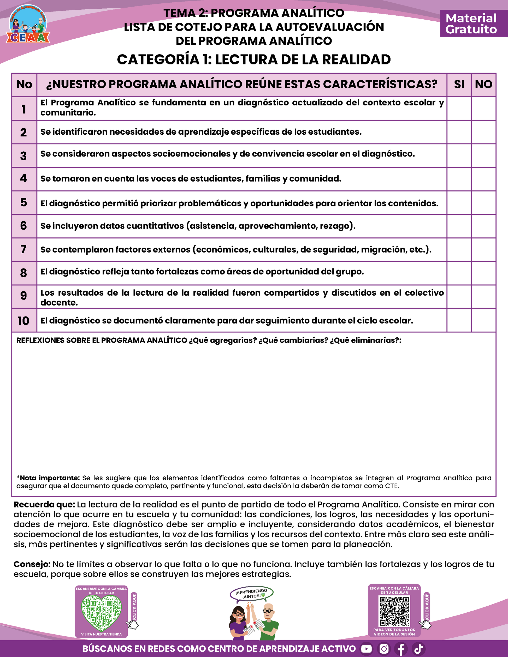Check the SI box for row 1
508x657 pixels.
tap(459, 108)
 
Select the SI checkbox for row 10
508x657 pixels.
tap(459, 320)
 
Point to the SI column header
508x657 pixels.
tap(459, 84)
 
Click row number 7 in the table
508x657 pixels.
tap(24, 249)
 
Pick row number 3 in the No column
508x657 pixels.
tap(24, 156)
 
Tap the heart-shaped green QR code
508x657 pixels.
tap(102, 612)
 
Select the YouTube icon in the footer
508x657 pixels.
tap(366, 649)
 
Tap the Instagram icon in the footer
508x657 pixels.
tap(384, 649)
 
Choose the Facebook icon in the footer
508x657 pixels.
tap(401, 649)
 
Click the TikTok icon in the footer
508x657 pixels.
tap(419, 649)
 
